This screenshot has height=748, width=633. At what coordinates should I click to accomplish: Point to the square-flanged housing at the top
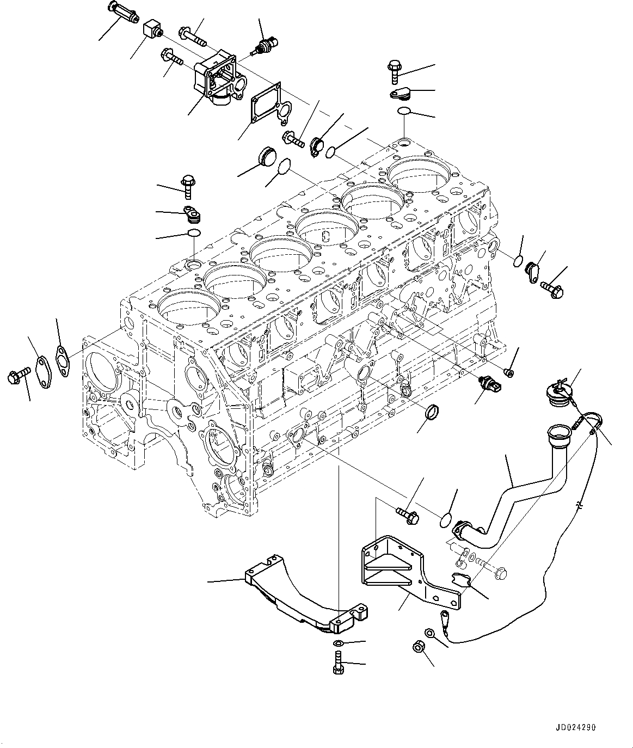click(219, 79)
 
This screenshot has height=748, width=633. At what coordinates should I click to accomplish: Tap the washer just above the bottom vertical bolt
click(337, 645)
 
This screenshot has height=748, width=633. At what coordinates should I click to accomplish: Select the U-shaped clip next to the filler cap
click(594, 422)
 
